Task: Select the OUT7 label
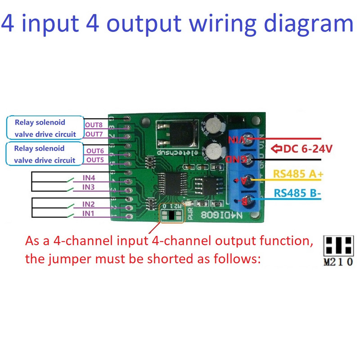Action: pos(95,134)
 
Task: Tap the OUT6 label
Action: pos(95,151)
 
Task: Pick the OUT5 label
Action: pos(95,160)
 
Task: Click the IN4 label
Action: pos(89,178)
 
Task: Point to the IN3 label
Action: pos(88,187)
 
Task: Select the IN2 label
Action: pos(88,204)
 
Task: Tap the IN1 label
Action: pos(88,213)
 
